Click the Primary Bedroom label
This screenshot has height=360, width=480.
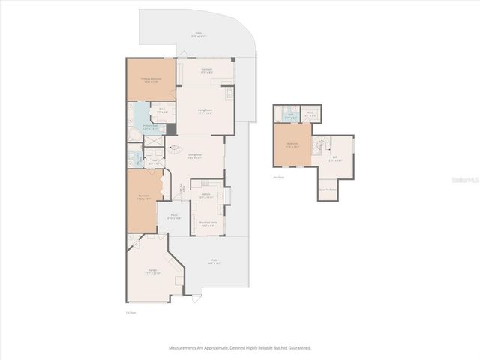(151, 79)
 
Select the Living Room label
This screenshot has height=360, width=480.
(205, 111)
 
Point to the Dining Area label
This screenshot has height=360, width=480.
(196, 157)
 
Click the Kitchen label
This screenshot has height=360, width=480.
(205, 195)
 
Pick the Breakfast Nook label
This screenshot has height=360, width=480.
(208, 223)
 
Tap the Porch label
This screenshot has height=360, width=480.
(173, 217)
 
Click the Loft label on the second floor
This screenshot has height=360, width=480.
(334, 158)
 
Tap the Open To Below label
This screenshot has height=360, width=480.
(328, 189)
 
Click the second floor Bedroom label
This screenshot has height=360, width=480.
(292, 145)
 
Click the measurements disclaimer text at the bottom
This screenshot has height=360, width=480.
(240, 348)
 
